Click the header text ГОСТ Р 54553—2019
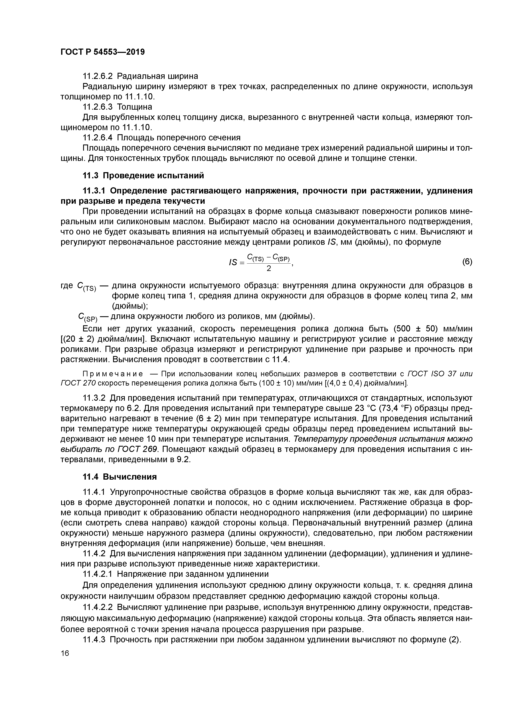pos(103,52)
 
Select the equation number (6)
pos(467,262)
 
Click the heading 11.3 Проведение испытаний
pos(143,176)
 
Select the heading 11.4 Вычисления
pos(119,477)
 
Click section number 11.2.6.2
pos(97,76)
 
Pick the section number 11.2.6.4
pos(97,138)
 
